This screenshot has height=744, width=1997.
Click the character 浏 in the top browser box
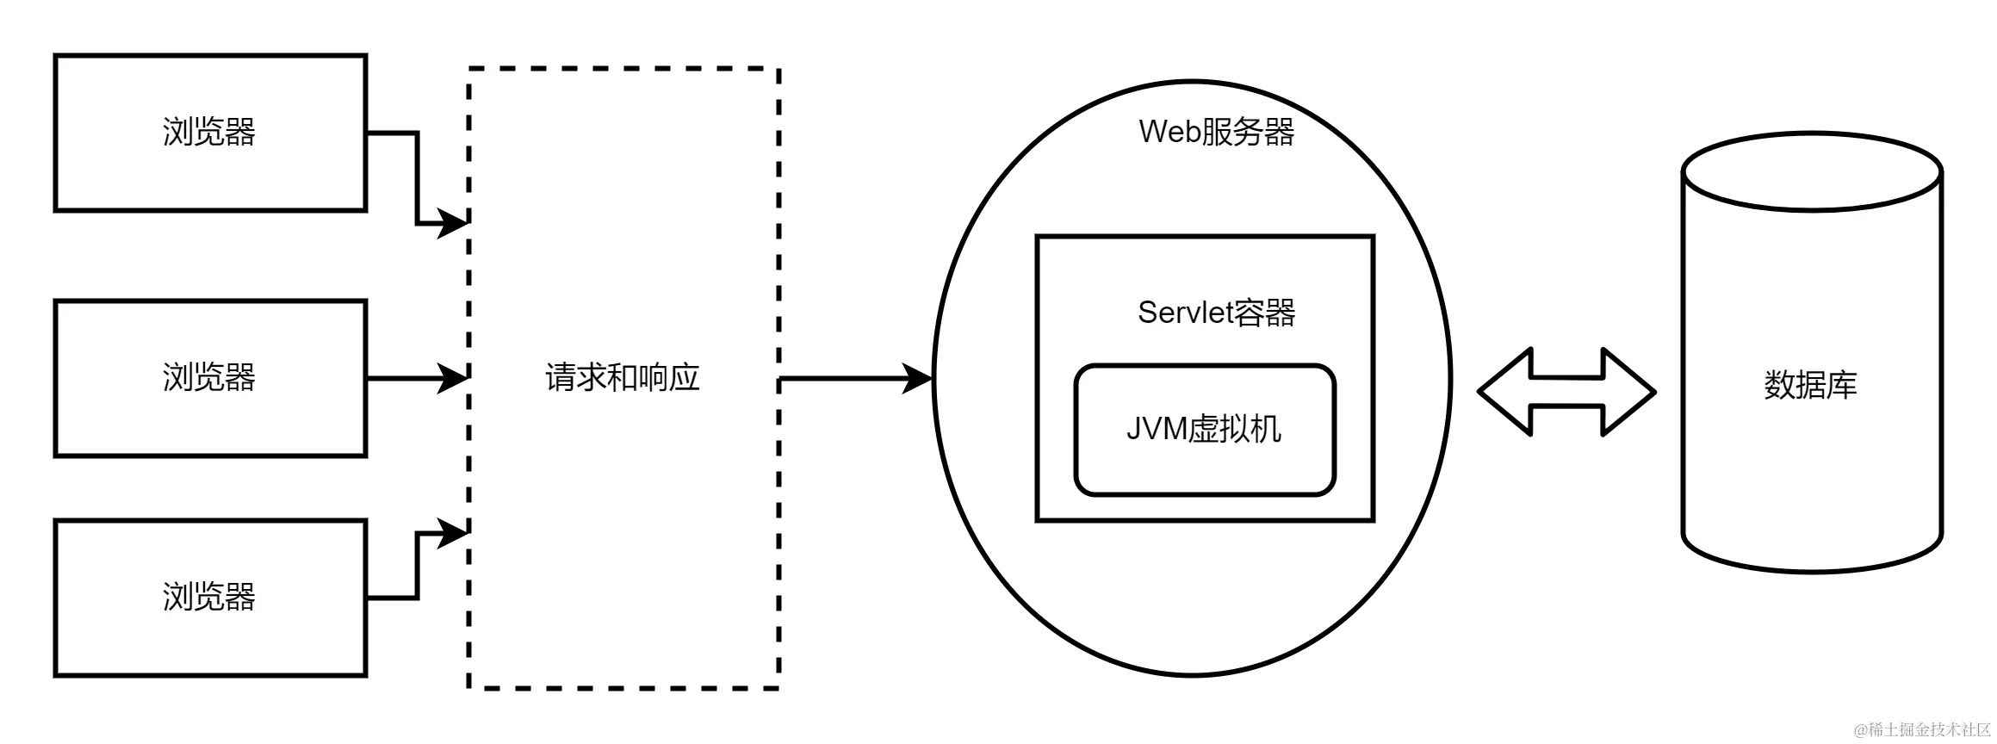178,133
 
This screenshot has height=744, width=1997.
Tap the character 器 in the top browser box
240,133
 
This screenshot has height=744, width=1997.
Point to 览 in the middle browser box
209,378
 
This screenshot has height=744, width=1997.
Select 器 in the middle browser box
240,378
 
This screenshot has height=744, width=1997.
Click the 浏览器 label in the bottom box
209,597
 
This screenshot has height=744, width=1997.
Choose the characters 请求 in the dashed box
576,378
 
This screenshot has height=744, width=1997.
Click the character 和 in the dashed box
623,378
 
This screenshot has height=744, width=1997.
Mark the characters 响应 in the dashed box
668,378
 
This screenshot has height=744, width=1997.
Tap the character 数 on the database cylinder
1780,385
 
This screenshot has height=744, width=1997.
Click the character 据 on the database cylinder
1810,385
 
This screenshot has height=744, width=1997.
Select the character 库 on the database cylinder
1841,385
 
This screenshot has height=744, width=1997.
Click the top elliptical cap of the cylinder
1811,173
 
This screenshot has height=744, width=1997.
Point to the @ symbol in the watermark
1859,729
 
